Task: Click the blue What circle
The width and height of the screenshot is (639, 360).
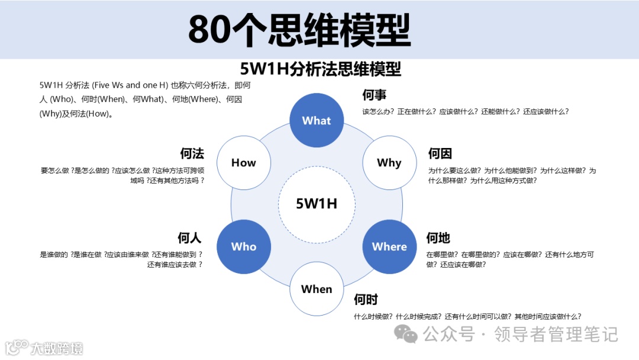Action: click(317, 120)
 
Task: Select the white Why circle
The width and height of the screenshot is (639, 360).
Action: click(389, 163)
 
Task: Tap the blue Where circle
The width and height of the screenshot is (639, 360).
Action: click(389, 246)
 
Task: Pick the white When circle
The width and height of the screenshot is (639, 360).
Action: click(317, 289)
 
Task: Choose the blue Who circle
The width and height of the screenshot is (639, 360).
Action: click(244, 246)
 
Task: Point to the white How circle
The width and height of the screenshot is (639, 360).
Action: click(243, 163)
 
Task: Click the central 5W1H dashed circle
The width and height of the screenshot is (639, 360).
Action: click(317, 204)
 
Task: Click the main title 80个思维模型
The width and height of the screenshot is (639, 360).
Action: click(299, 30)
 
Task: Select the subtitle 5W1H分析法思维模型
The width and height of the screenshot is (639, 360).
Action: click(321, 69)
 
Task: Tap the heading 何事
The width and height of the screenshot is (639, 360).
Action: click(375, 95)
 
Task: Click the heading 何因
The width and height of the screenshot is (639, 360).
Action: click(440, 154)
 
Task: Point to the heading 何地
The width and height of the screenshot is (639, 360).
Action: click(438, 238)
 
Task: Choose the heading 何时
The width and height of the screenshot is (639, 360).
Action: click(366, 300)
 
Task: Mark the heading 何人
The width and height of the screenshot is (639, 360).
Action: click(190, 238)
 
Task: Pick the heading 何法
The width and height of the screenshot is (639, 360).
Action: click(192, 154)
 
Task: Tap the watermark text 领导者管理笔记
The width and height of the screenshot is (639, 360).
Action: click(556, 335)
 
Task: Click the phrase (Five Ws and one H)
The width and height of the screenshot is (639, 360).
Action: click(129, 85)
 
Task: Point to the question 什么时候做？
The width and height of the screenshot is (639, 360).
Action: click(373, 316)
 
